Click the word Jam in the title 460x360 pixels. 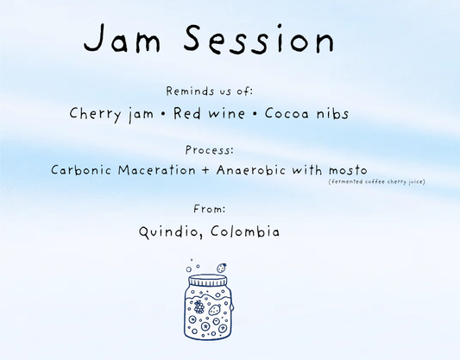pos(129,41)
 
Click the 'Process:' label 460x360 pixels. pos(210,149)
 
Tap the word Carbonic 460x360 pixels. pos(83,170)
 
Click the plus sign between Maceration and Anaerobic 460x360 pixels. pos(205,171)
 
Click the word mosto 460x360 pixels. pos(347,170)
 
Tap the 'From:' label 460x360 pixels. pos(210,208)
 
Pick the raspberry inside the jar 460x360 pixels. pos(198,306)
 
